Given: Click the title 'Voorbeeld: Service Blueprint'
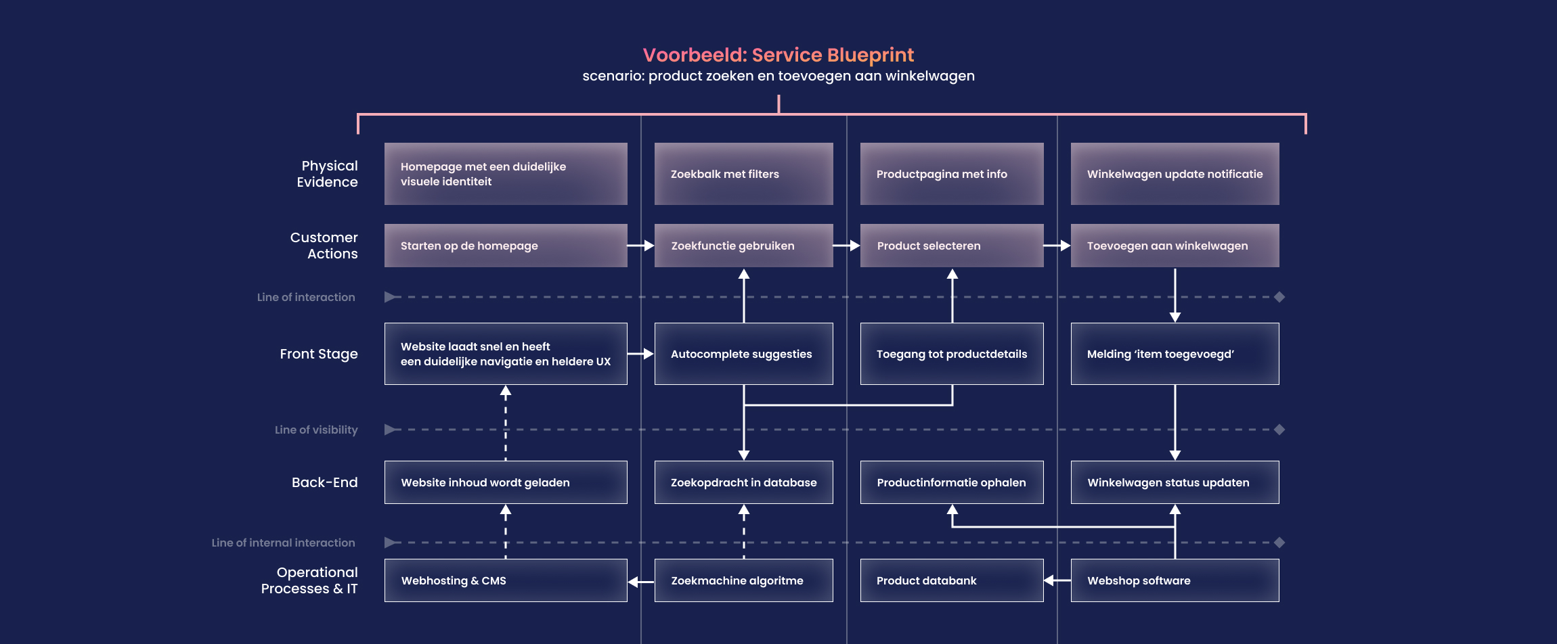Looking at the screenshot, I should point(778,55).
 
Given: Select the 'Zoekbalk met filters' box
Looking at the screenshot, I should point(743,174).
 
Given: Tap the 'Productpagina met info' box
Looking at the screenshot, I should point(951,174).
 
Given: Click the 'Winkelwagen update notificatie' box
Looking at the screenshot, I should point(1175,174).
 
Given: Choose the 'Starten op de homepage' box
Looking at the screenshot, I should point(505,246).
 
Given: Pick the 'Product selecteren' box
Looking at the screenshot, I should point(951,246).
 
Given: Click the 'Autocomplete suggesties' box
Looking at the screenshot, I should point(743,354).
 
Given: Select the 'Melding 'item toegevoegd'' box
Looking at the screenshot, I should point(1175,354).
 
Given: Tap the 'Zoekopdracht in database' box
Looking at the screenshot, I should point(743,482).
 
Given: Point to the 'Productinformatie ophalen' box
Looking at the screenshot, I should point(951,482).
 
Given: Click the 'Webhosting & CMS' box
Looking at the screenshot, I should point(505,580).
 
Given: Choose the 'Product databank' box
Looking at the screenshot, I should point(951,580).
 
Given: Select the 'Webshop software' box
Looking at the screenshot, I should point(1175,580).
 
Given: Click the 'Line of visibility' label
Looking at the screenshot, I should point(316,430).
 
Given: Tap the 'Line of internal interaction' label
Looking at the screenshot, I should point(283,543).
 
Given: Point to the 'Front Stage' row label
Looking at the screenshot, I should point(319,354).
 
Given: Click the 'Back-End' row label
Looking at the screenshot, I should point(324,482).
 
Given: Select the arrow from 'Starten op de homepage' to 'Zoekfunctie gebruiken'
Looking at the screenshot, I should point(640,246).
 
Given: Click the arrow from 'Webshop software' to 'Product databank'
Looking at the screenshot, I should point(1057,580).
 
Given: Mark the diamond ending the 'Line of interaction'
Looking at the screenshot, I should point(1279,297).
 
